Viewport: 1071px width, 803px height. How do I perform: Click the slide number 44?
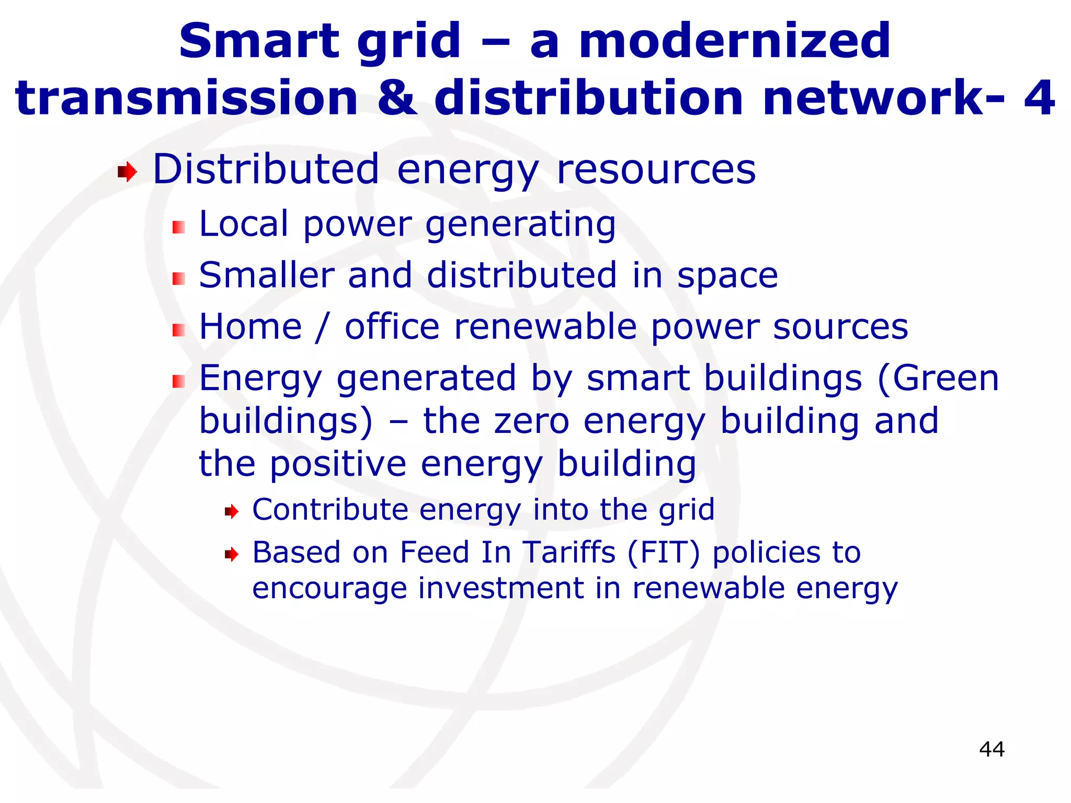pos(992,749)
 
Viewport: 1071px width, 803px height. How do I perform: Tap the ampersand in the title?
pos(397,98)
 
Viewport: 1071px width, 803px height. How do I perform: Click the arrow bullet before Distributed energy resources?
pos(127,171)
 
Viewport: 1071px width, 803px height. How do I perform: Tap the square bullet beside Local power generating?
pos(179,227)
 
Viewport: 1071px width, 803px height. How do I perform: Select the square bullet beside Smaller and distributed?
pos(179,279)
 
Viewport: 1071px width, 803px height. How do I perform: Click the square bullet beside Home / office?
pos(179,330)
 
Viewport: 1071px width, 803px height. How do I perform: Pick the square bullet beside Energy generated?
pos(179,381)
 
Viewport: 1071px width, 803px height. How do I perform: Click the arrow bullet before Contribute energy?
pos(231,511)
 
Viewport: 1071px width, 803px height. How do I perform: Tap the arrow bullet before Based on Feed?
pos(231,554)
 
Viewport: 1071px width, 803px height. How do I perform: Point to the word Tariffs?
pos(569,552)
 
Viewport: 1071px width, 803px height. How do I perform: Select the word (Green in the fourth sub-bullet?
pos(938,378)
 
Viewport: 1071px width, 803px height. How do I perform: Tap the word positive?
pos(338,464)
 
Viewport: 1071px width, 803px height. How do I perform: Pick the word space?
pos(727,277)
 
